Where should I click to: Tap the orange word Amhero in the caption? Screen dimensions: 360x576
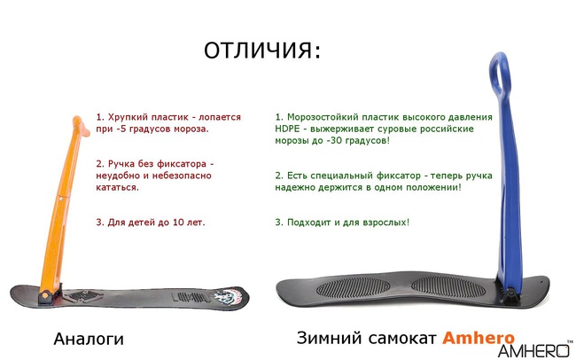pos(479,338)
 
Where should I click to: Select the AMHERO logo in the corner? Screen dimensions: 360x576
pos(535,349)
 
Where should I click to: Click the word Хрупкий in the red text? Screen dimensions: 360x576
pos(131,116)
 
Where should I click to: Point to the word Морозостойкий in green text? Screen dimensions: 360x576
pos(326,116)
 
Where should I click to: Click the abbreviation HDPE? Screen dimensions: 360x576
pos(291,129)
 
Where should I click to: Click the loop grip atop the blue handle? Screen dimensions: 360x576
pos(500,71)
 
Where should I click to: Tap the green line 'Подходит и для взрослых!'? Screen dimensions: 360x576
pos(342,221)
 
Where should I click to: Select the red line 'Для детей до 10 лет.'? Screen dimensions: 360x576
pos(151,222)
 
